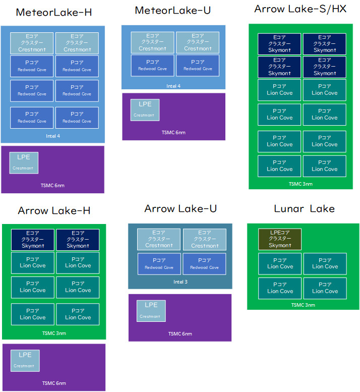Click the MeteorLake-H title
[54, 13]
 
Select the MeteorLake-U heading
[173, 11]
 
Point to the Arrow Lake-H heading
[54, 210]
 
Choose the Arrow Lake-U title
[181, 208]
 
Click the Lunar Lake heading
[304, 208]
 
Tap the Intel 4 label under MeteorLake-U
[173, 86]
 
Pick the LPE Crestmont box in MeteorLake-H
[23, 162]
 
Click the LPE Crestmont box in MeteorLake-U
[145, 109]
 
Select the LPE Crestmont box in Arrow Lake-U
[151, 310]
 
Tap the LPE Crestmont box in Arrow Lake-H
[25, 360]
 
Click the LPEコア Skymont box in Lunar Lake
[280, 239]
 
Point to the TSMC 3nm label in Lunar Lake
[303, 305]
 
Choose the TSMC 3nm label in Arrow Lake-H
[54, 333]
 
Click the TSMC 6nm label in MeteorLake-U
[173, 133]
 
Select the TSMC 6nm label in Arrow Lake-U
[179, 333]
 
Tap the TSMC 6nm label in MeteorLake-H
[52, 186]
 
